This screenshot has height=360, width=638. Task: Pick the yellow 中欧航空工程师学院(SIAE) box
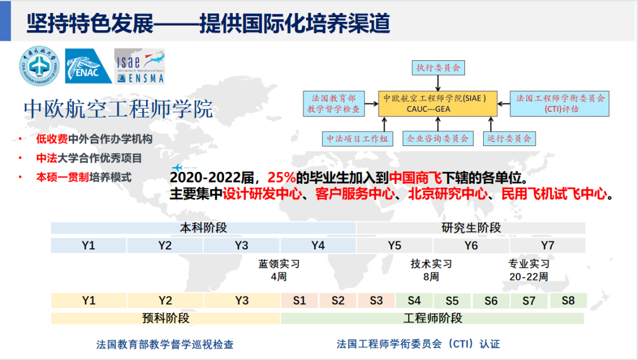(438, 103)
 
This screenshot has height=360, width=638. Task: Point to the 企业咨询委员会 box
(438, 138)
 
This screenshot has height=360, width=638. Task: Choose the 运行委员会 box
(509, 138)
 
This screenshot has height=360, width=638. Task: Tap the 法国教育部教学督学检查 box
(334, 103)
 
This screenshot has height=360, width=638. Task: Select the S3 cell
(376, 301)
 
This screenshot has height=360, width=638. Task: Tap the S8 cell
(568, 301)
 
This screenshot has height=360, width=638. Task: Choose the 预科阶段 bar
(165, 319)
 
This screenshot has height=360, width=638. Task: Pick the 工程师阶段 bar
(432, 319)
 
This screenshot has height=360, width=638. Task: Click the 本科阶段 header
(203, 228)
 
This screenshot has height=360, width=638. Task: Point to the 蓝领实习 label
(279, 264)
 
